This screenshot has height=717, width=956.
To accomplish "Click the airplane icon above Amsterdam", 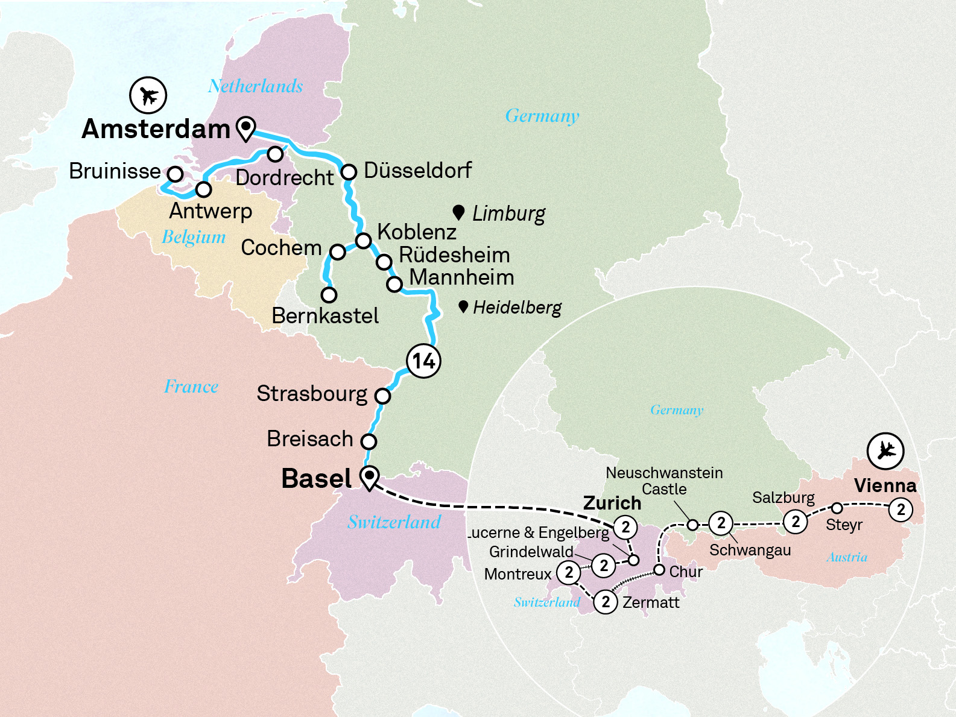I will point(148,95).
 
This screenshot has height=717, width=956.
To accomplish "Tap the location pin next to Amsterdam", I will point(245,128).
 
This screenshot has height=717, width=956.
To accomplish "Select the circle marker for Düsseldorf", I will point(349,172).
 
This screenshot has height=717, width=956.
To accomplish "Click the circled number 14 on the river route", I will point(423,361).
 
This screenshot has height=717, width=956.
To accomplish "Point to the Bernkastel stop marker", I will point(329,295).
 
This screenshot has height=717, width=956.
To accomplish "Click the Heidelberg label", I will point(517,308).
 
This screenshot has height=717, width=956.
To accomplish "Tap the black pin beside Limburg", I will point(458,212).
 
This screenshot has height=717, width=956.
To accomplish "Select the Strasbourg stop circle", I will point(382,396).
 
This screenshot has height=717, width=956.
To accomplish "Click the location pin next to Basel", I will point(369,477).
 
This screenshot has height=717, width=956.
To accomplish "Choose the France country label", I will point(191,387).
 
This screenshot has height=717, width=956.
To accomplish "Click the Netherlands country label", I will point(255,86).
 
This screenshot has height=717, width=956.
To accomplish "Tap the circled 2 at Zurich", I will point(625,528).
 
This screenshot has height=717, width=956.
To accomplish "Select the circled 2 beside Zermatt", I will point(606,602).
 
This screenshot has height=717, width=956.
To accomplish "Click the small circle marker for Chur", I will point(659,570).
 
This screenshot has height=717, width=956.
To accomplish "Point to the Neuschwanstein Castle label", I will point(664,481).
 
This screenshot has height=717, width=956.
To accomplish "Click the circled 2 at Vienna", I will point(901,510).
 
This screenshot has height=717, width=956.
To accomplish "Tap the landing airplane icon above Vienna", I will point(885,450).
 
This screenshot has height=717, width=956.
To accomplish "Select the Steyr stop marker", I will point(837,508).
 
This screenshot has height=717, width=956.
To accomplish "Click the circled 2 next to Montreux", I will point(569,572).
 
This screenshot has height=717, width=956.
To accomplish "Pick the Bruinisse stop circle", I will point(175,174).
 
